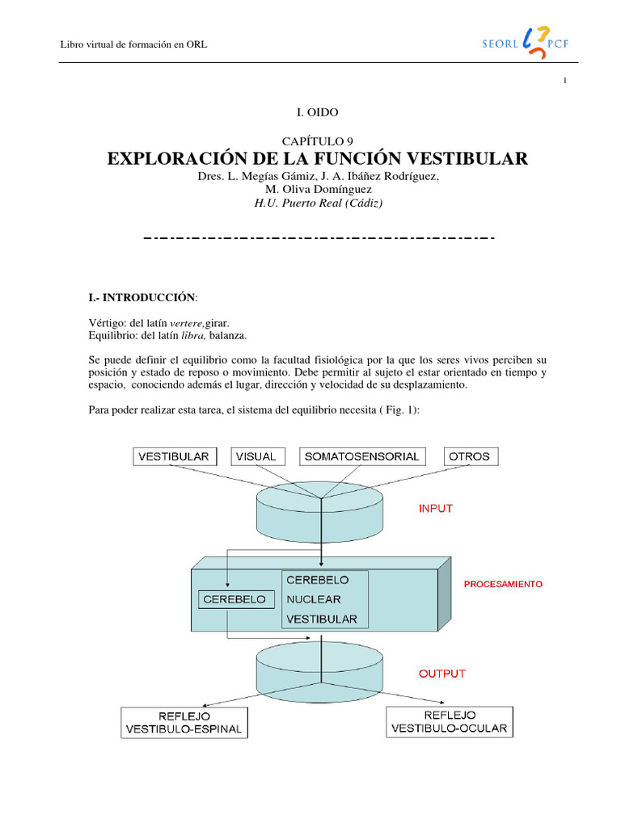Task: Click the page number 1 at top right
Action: click(x=565, y=80)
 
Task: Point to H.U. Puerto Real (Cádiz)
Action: click(x=318, y=204)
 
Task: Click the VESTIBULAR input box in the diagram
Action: click(x=173, y=456)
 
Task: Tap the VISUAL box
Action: click(x=256, y=456)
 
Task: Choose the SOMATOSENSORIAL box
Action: click(x=361, y=456)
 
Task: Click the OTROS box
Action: click(x=470, y=456)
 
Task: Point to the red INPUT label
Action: click(x=435, y=509)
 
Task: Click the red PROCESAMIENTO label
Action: click(x=503, y=583)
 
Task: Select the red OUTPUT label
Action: click(x=441, y=673)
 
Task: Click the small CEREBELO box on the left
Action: click(x=234, y=600)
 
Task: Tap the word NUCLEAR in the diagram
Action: click(x=314, y=600)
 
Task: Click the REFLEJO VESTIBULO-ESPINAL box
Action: click(x=184, y=723)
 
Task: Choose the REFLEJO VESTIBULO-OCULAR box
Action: click(x=450, y=721)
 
